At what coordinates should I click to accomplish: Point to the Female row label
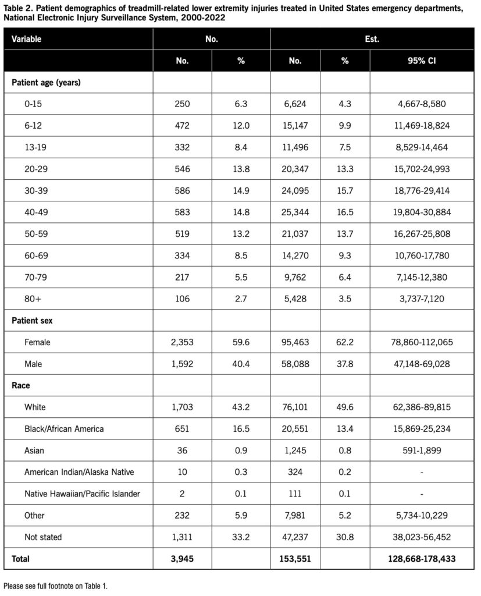pyautogui.click(x=37, y=342)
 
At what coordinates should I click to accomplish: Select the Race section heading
pyautogui.click(x=22, y=385)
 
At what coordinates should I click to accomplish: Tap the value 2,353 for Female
pyautogui.click(x=182, y=342)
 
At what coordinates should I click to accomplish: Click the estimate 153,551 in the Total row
pyautogui.click(x=298, y=559)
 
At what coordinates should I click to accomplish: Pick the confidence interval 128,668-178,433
pyautogui.click(x=422, y=559)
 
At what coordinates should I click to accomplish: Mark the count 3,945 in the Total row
pyautogui.click(x=182, y=559)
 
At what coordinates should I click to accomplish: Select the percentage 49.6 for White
pyautogui.click(x=345, y=407)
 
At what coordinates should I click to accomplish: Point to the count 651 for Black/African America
pyautogui.click(x=182, y=429)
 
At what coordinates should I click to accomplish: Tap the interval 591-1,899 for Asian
pyautogui.click(x=422, y=450)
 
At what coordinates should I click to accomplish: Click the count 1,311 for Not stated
pyautogui.click(x=182, y=537)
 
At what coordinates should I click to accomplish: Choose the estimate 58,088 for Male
pyautogui.click(x=298, y=364)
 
